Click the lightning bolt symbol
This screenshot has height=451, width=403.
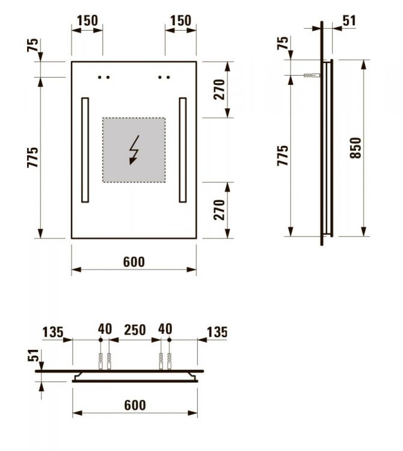134,150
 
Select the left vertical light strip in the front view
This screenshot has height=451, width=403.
85,150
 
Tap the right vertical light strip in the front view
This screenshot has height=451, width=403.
182,150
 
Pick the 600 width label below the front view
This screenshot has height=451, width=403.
134,262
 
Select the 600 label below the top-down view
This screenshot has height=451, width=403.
134,405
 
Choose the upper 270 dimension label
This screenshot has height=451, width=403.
219,89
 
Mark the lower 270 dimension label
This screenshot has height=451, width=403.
219,210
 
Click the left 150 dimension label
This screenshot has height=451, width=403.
87,20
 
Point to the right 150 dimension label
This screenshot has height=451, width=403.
180,20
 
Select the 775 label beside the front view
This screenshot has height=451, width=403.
32,157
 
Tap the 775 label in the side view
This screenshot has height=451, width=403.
283,156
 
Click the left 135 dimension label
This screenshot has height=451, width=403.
53,331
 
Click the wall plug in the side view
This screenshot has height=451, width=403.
310,76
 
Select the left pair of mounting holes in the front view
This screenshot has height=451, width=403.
104,77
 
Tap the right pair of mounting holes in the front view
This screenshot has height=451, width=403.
164,77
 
